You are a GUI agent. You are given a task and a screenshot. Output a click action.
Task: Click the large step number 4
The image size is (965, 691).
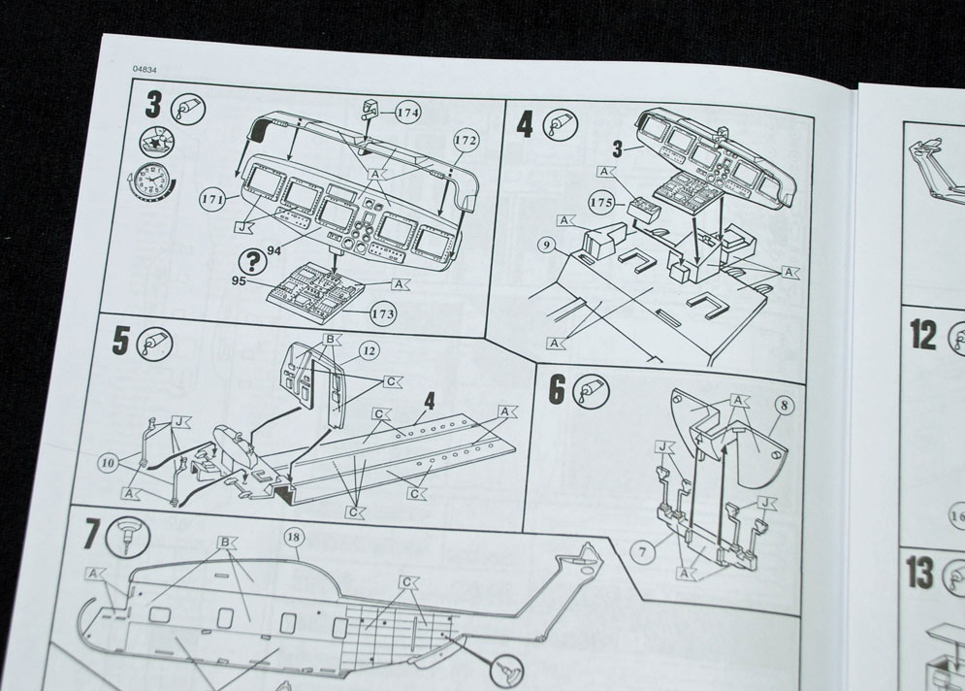coord(524,125)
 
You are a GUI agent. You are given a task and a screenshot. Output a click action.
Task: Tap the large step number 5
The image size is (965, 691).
coord(121,341)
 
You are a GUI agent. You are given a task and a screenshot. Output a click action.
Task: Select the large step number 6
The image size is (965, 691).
coord(557,388)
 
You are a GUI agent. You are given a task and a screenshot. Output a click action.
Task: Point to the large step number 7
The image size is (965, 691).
coord(91,535)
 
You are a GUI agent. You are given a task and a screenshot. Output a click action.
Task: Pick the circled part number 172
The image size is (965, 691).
coord(465,142)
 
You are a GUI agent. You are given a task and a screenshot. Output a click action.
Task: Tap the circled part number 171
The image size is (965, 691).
coord(213,200)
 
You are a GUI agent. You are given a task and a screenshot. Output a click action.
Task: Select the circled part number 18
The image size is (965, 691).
coord(294,536)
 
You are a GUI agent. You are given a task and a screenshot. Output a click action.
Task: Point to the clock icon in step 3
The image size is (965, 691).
coord(147,181)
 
